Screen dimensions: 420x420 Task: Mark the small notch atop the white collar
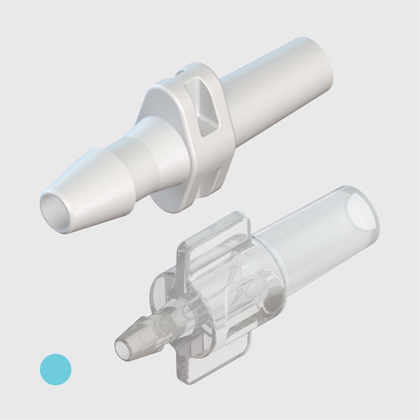181,72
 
